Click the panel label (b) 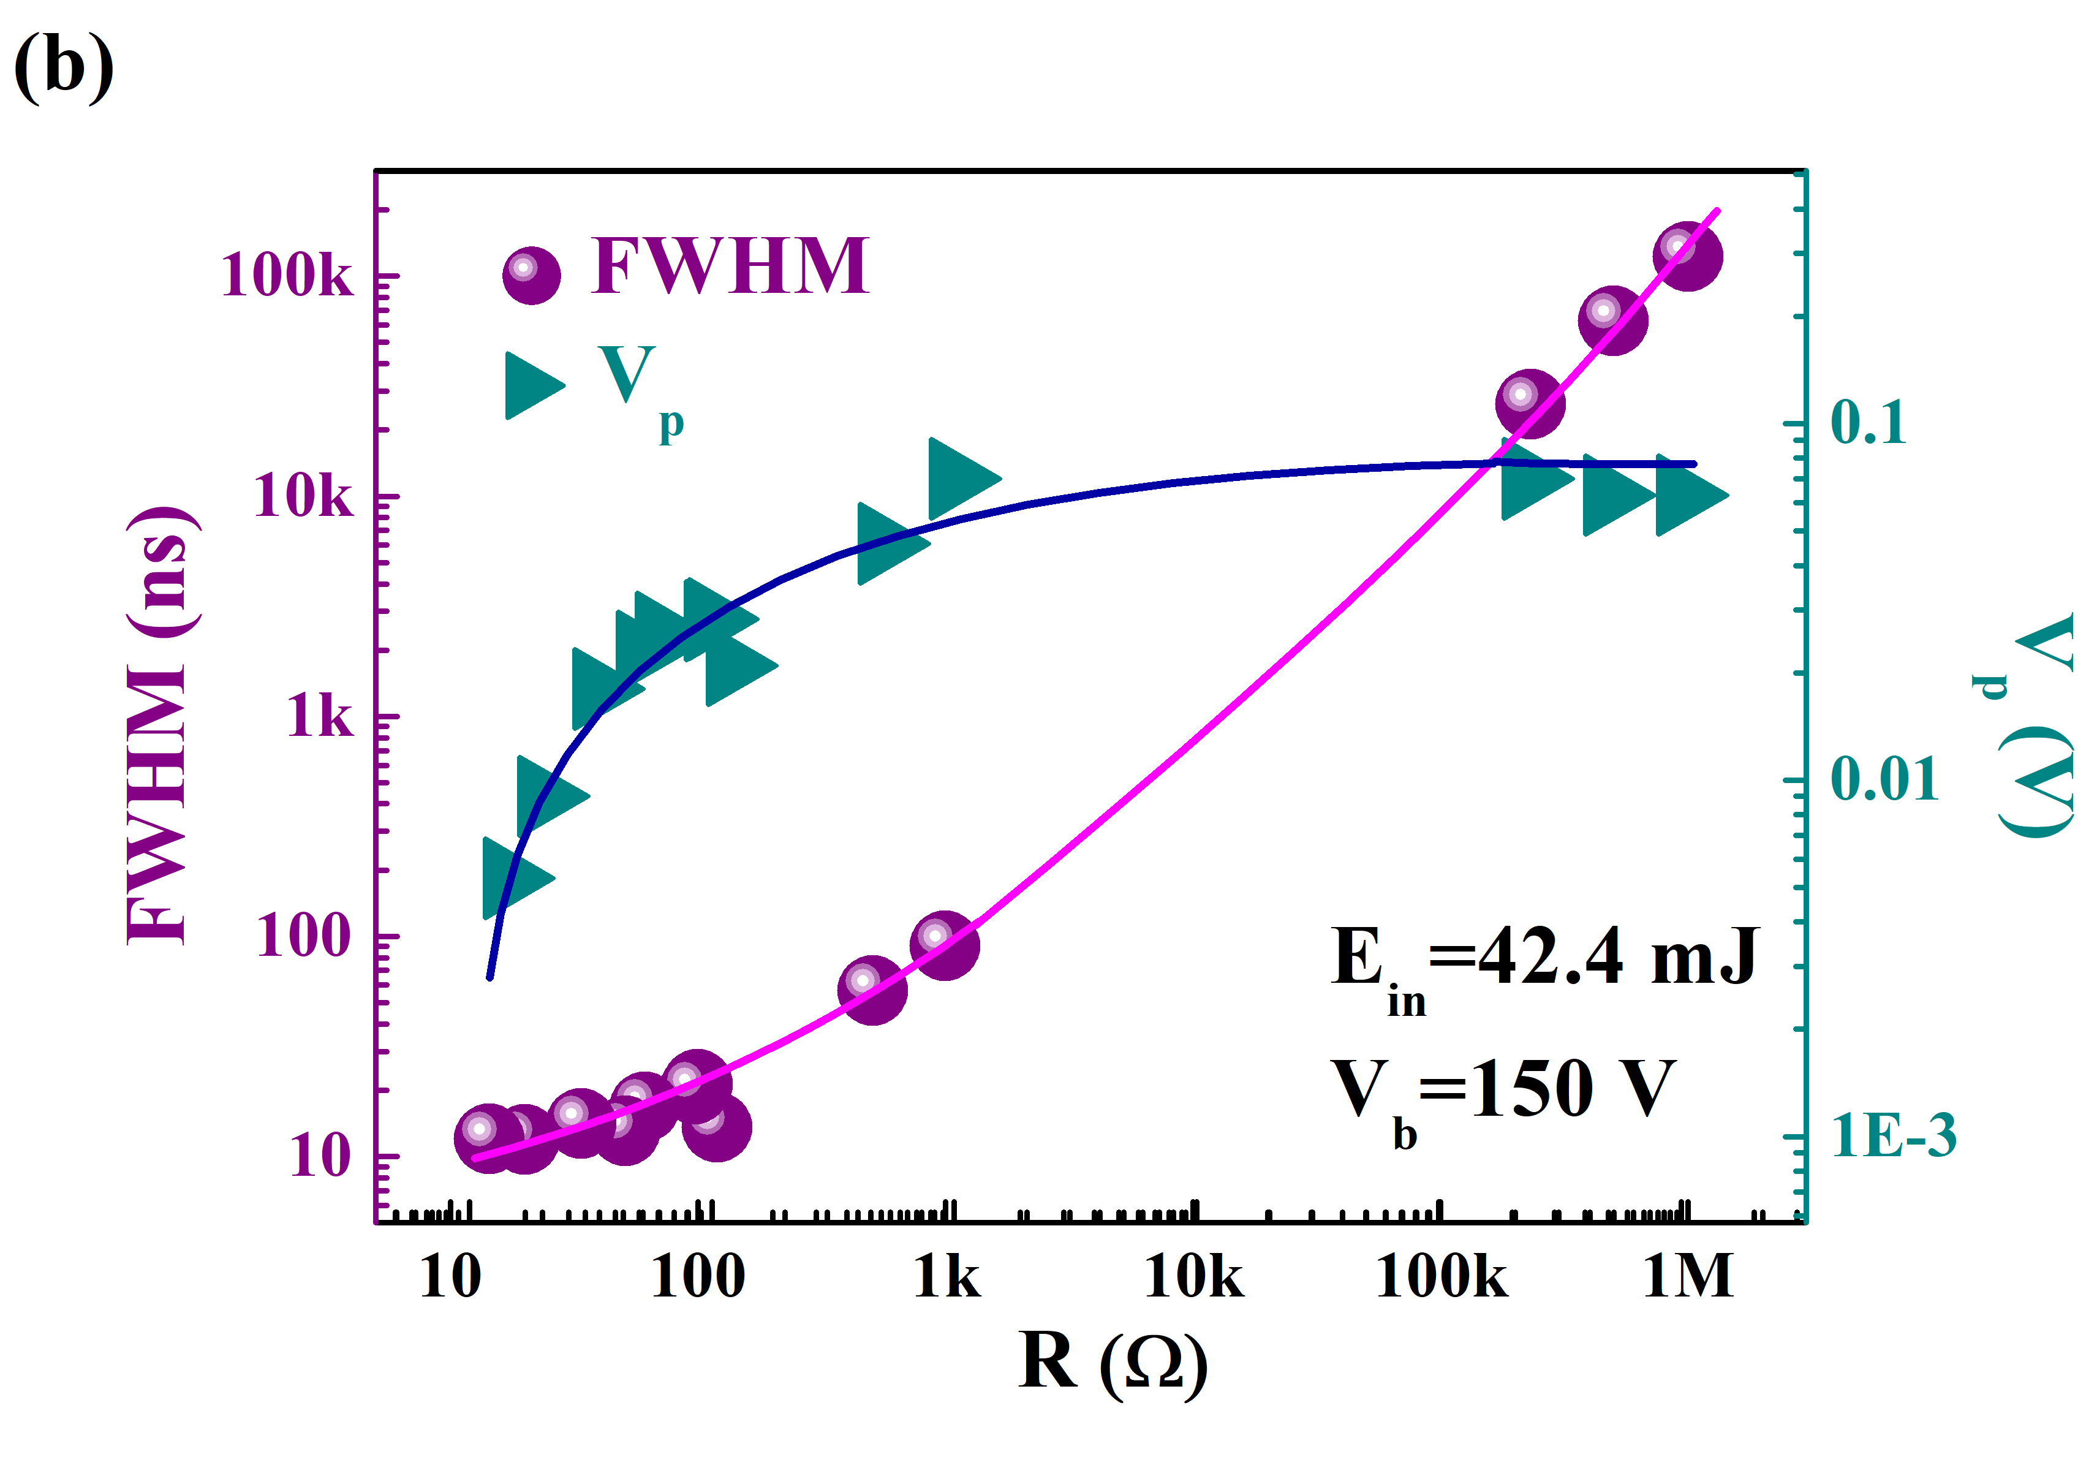click(64, 66)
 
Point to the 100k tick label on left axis click(286, 275)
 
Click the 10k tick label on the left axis click(302, 497)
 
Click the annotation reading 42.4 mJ click(1617, 957)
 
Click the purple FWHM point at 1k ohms click(945, 944)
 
